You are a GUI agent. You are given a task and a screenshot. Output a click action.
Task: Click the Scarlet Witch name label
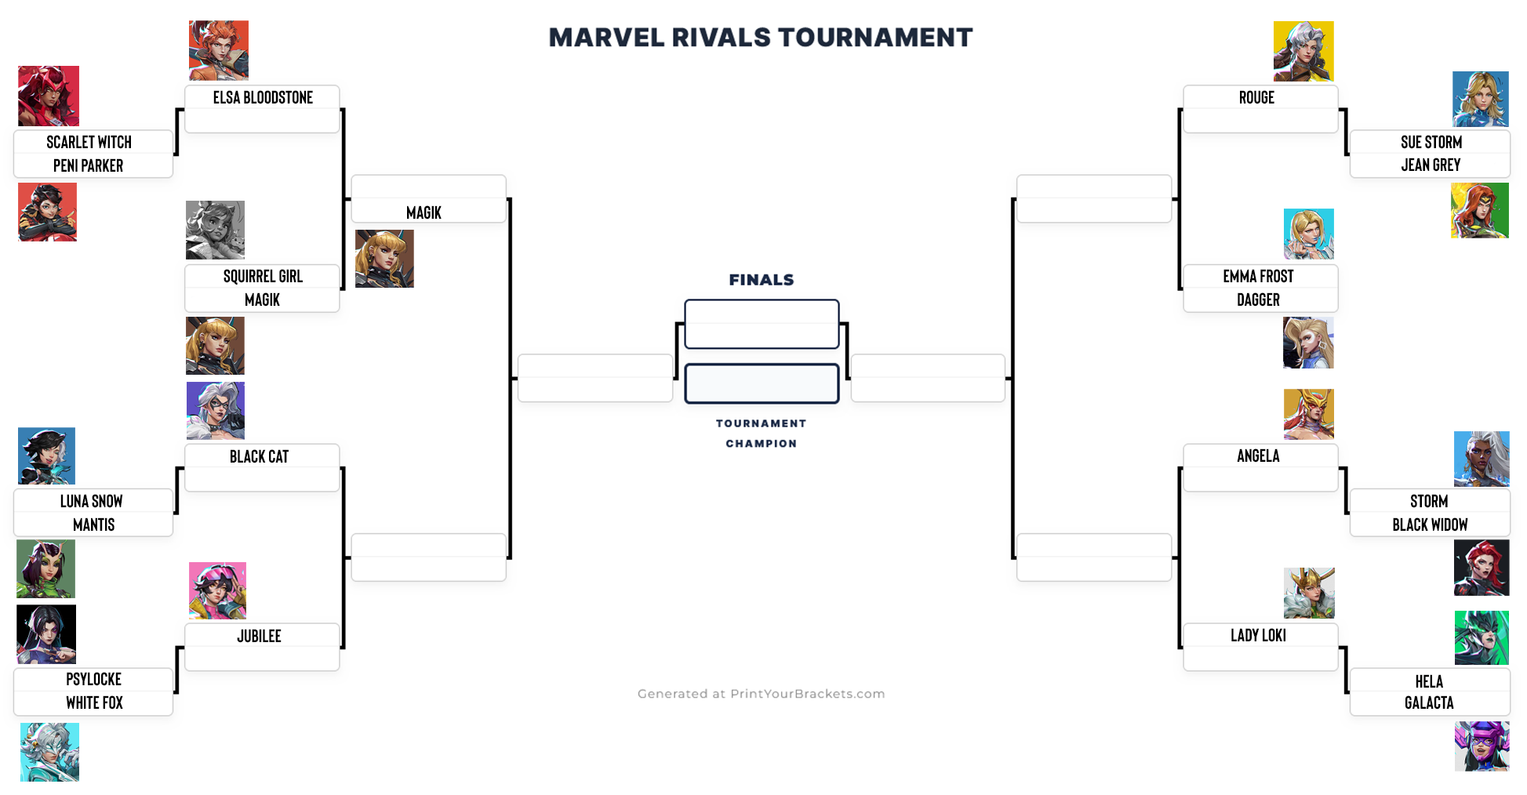(89, 142)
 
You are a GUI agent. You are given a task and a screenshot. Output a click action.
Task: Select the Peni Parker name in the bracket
(88, 165)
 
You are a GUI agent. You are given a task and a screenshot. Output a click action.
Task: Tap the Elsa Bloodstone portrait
(219, 50)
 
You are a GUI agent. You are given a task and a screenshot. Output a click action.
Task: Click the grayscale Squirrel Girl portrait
(215, 230)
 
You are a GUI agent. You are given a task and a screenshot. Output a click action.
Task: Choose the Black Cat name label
(259, 456)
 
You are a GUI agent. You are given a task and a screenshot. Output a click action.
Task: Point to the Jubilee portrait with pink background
(217, 590)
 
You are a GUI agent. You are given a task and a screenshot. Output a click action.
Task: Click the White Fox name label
(94, 702)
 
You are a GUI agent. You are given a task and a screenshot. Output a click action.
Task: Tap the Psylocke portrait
(46, 633)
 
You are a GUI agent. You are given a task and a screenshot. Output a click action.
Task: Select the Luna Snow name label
(91, 501)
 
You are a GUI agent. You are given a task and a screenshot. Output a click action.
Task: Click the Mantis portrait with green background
(45, 568)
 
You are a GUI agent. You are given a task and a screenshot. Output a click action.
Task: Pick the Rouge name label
(1256, 97)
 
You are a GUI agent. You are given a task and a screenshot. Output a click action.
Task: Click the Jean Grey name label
(1431, 165)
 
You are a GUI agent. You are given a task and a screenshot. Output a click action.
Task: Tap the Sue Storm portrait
(1480, 99)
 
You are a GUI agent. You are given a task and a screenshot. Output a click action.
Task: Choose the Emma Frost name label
(1258, 276)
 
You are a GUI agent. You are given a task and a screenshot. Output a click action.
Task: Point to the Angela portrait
(1308, 414)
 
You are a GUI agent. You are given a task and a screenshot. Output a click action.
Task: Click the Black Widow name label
(1430, 525)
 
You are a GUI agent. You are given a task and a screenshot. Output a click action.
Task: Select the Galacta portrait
(1482, 746)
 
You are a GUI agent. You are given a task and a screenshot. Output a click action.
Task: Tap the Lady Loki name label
(1258, 635)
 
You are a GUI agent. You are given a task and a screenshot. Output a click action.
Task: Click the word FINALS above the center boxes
(761, 280)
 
